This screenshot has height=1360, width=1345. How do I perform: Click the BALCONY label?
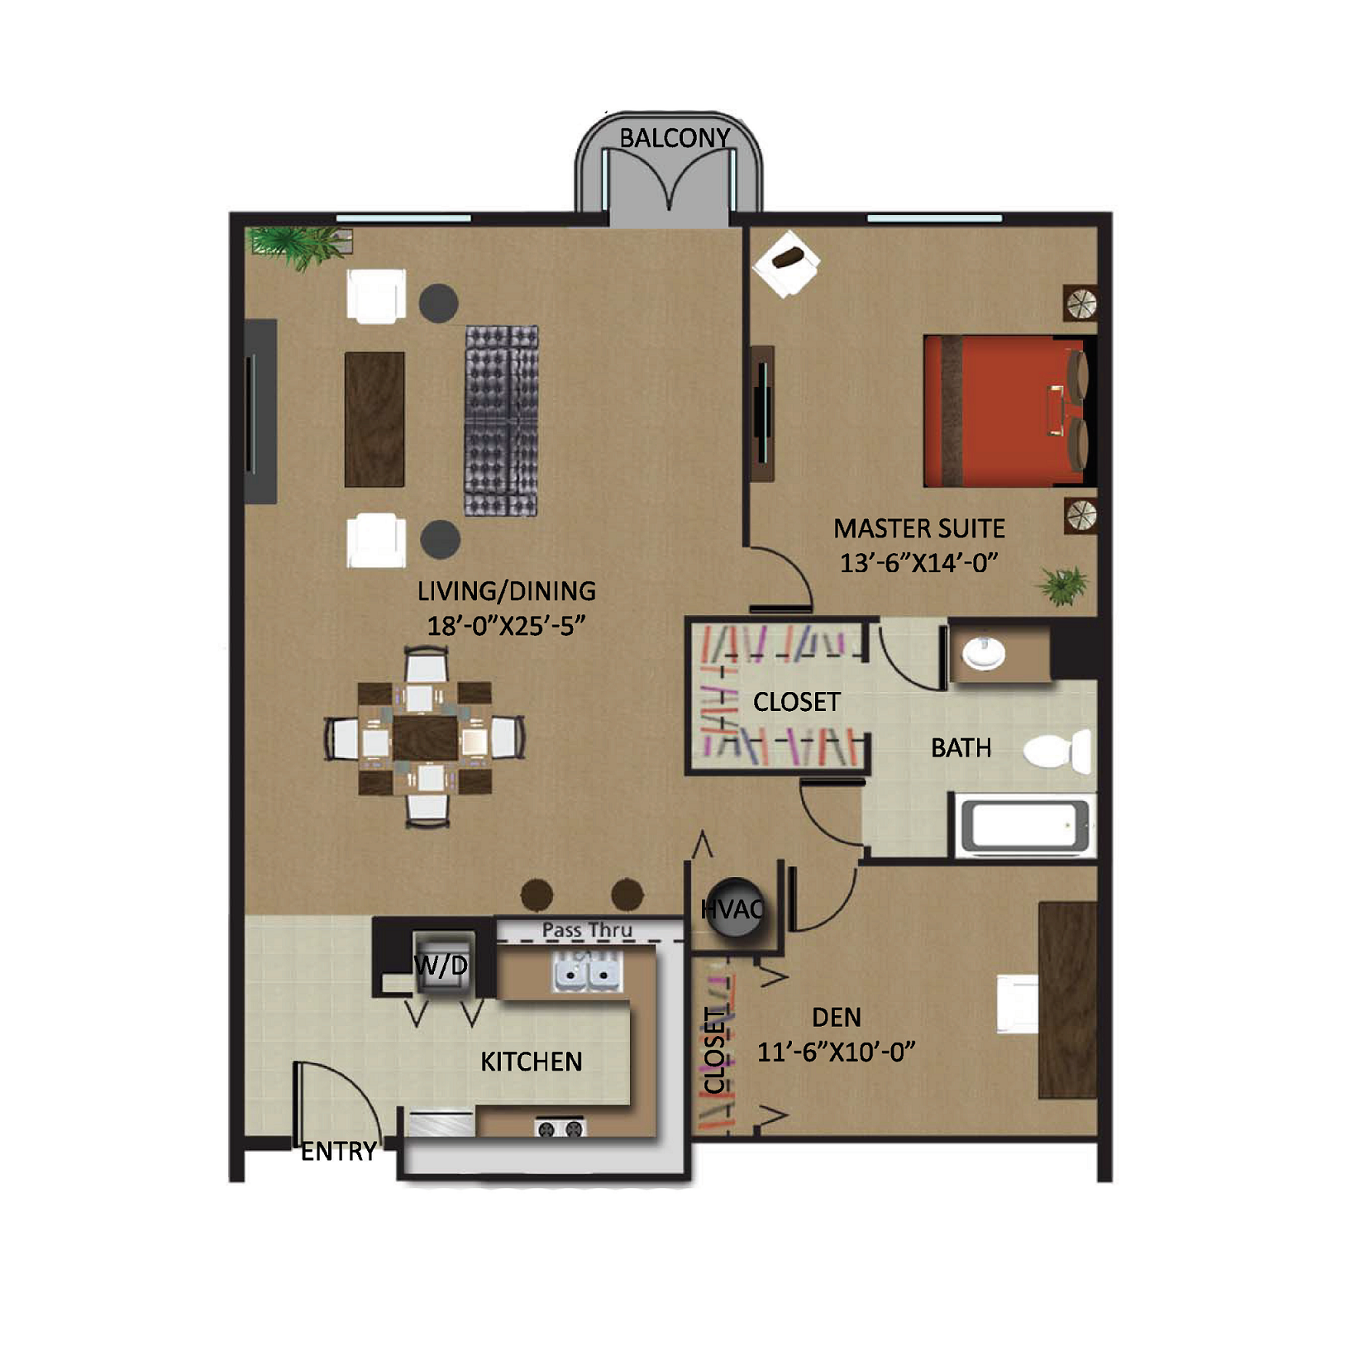(675, 138)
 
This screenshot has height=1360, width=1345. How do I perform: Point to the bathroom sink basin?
(984, 653)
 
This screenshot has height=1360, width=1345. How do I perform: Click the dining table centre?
(425, 737)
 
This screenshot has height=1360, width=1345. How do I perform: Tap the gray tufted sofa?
(502, 421)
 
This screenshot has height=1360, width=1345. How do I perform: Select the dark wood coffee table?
(374, 419)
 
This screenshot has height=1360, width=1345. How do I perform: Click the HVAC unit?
(732, 908)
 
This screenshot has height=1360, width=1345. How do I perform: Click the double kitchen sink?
(586, 971)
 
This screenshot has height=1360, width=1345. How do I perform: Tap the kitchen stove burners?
(560, 1128)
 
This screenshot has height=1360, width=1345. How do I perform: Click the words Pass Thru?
(587, 930)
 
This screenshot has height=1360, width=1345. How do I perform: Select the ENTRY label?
(338, 1151)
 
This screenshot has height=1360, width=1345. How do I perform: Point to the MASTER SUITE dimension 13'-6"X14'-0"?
(919, 563)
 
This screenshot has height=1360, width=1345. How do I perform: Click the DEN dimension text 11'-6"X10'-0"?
(837, 1052)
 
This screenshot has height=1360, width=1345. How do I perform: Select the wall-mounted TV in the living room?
(260, 412)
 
